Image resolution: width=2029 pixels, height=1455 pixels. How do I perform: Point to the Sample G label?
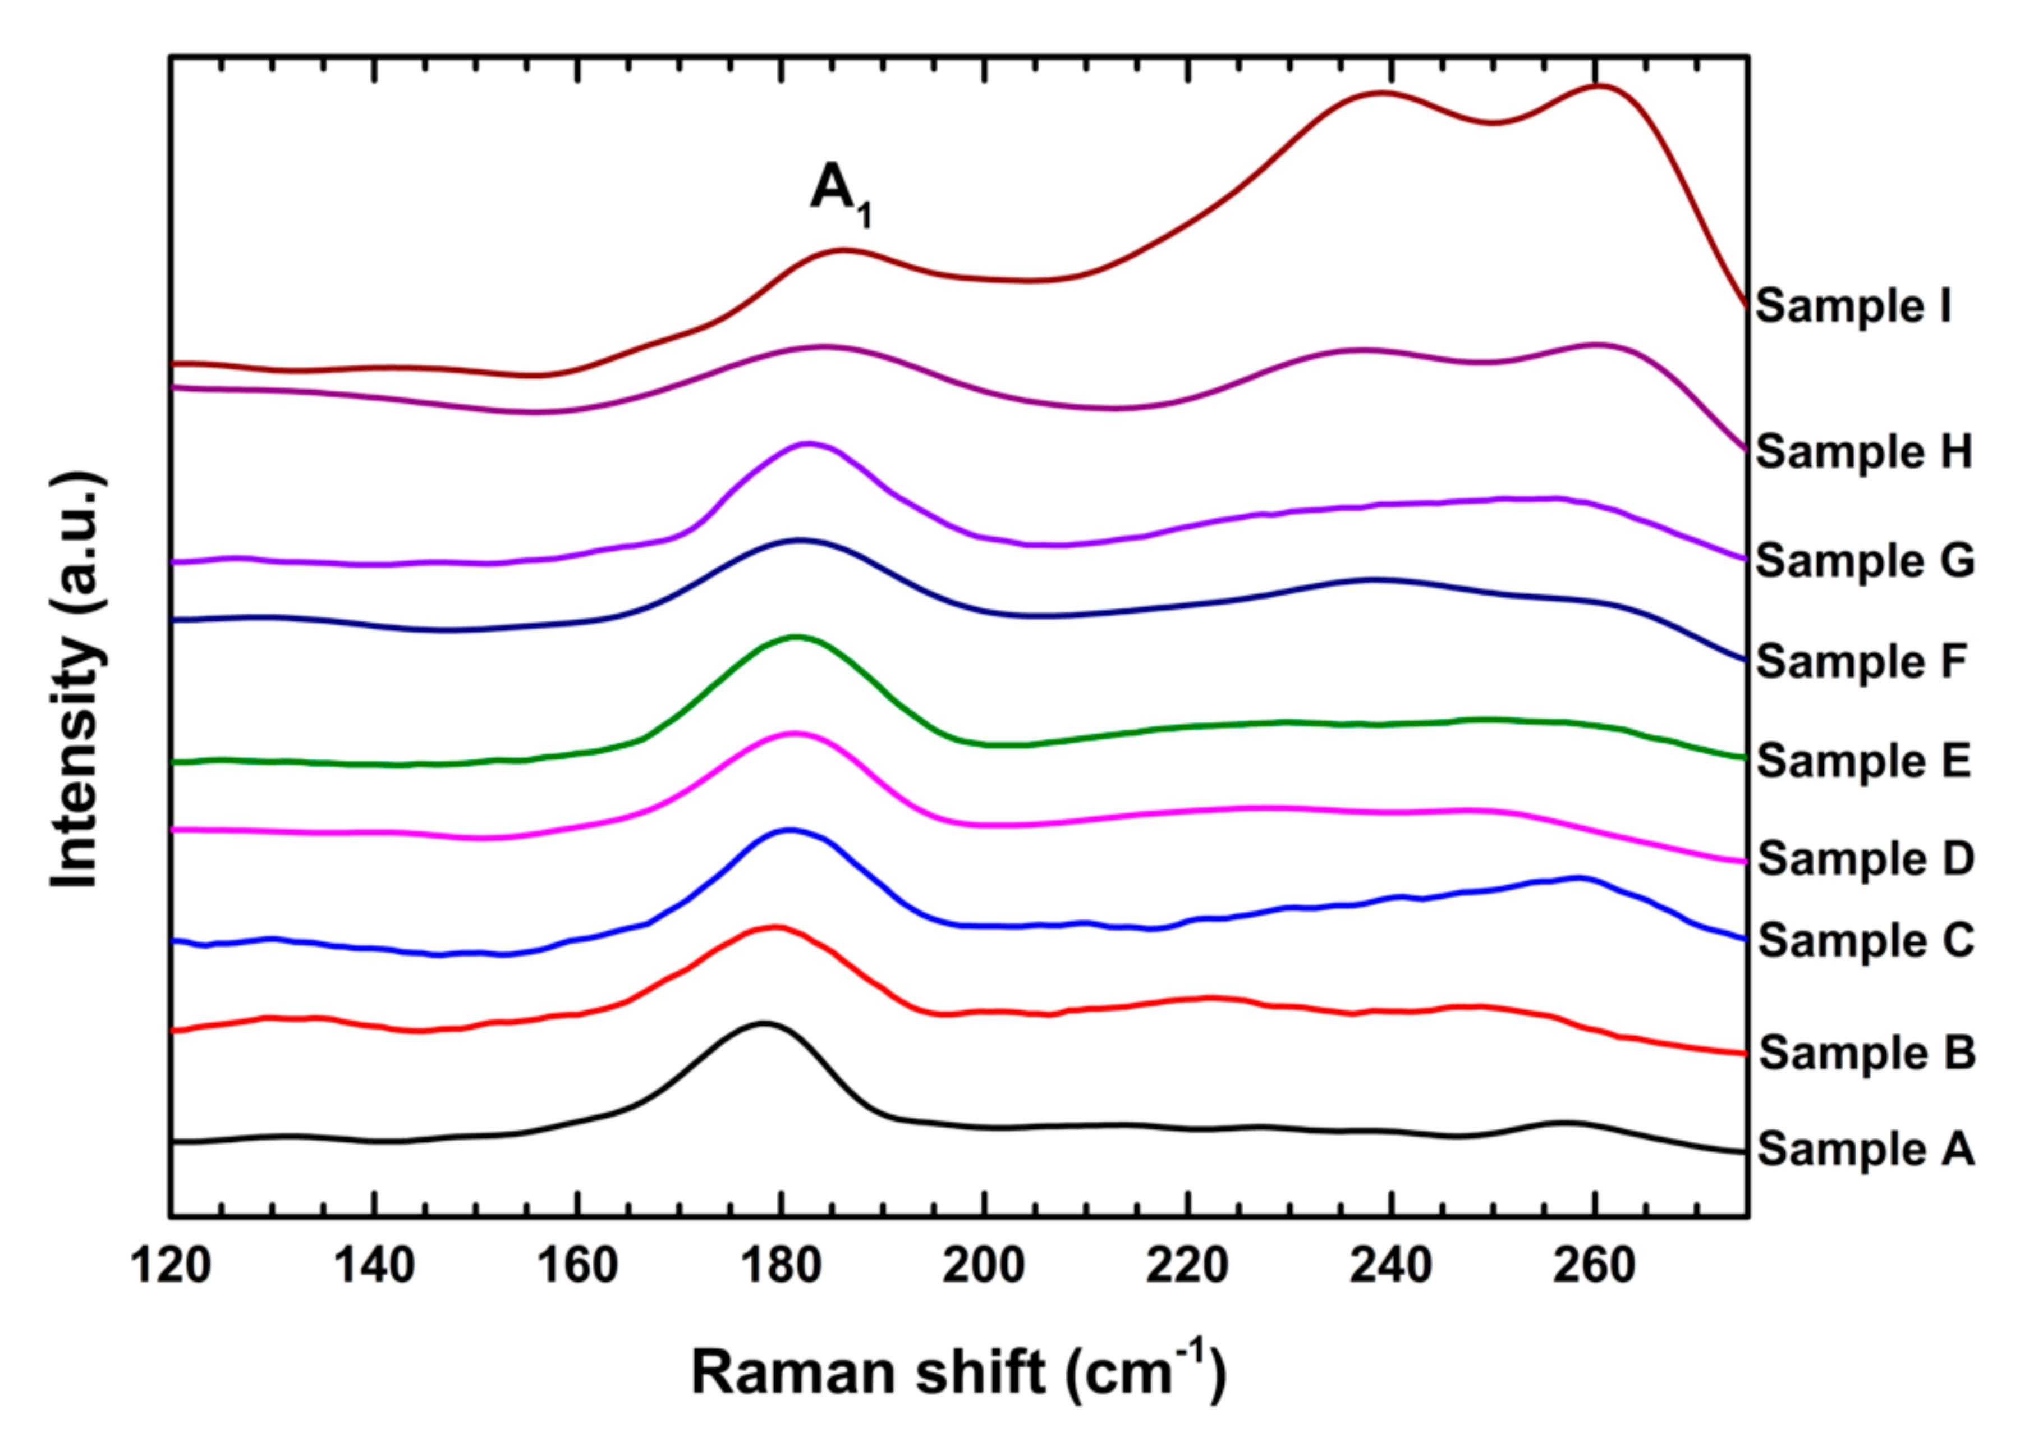click(x=1865, y=561)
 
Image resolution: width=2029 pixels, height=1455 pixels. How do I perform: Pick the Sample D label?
click(x=1865, y=858)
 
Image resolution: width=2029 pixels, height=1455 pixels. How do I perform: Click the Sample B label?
click(x=1866, y=1053)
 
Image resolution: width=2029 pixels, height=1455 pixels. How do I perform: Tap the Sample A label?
click(x=1865, y=1149)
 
